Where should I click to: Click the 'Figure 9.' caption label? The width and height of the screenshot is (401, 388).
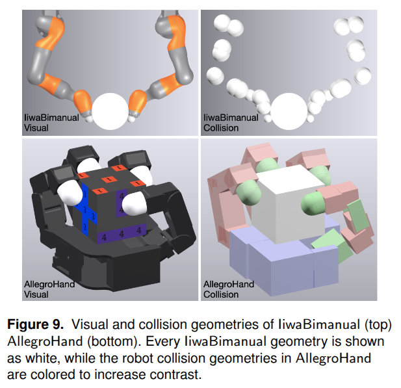35,324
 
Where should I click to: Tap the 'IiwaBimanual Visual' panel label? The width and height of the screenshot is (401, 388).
51,123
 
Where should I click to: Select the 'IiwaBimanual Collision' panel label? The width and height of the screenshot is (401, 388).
231,123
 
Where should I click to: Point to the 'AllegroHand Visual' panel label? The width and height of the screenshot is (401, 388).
49,289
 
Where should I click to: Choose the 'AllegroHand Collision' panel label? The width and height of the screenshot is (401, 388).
229,289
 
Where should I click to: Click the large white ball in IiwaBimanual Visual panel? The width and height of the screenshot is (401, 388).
110,111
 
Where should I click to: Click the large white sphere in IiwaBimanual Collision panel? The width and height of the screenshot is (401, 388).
289,111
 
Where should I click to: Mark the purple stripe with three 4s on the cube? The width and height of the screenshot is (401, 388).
122,234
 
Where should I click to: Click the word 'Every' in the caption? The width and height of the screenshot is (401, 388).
162,341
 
